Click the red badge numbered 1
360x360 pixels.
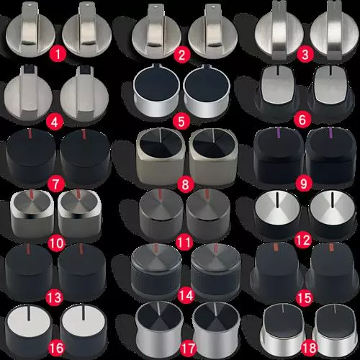pyautogui.click(x=58, y=54)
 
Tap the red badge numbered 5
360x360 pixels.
pyautogui.click(x=181, y=121)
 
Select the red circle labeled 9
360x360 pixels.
pyautogui.click(x=303, y=184)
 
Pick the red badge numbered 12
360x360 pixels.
pyautogui.click(x=303, y=240)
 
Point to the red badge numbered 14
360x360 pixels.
pyautogui.click(x=186, y=295)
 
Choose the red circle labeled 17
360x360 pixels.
pyautogui.click(x=188, y=348)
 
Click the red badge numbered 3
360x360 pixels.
pyautogui.click(x=305, y=54)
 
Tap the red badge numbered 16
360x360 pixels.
pyautogui.click(x=56, y=348)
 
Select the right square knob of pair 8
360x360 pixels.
pyautogui.click(x=213, y=157)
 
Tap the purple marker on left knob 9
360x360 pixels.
pyautogui.click(x=279, y=132)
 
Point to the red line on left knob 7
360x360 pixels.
pyautogui.click(x=30, y=134)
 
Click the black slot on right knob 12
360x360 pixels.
pyautogui.click(x=333, y=199)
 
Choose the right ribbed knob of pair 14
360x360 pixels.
pyautogui.click(x=215, y=272)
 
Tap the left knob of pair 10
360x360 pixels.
pyautogui.click(x=32, y=214)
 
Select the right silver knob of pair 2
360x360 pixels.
pyautogui.click(x=212, y=31)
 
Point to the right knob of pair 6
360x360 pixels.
pyautogui.click(x=332, y=92)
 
